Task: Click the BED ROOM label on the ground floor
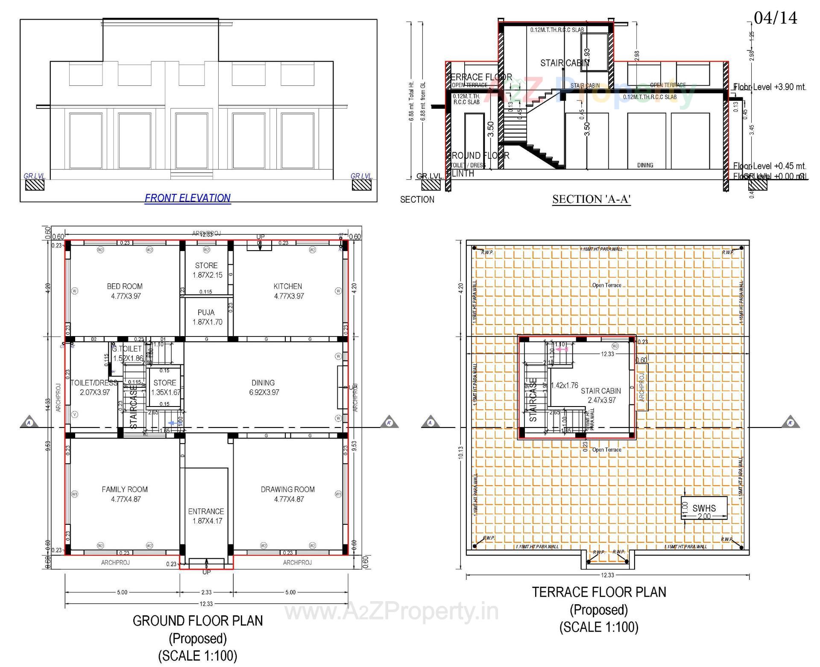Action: pos(125,287)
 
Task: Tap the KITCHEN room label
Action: pos(288,287)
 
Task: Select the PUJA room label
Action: pos(206,313)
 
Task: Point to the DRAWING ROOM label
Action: pos(288,489)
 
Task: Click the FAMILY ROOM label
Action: pos(125,489)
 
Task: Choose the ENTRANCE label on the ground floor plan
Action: pos(206,512)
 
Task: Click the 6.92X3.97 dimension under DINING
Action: pos(264,392)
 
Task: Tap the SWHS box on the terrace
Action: pos(704,508)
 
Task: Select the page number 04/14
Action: pos(775,18)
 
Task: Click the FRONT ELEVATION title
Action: pos(187,198)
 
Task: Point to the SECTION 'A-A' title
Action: pos(592,199)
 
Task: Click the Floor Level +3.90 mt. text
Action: pos(770,87)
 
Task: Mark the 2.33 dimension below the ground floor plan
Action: pos(206,592)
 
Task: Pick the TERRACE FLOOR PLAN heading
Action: pos(599,592)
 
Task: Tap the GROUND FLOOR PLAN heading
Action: pos(198,621)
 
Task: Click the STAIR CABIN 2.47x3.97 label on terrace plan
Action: pos(601,395)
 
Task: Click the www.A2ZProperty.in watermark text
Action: pos(391,611)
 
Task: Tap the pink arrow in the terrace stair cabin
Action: pos(561,349)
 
